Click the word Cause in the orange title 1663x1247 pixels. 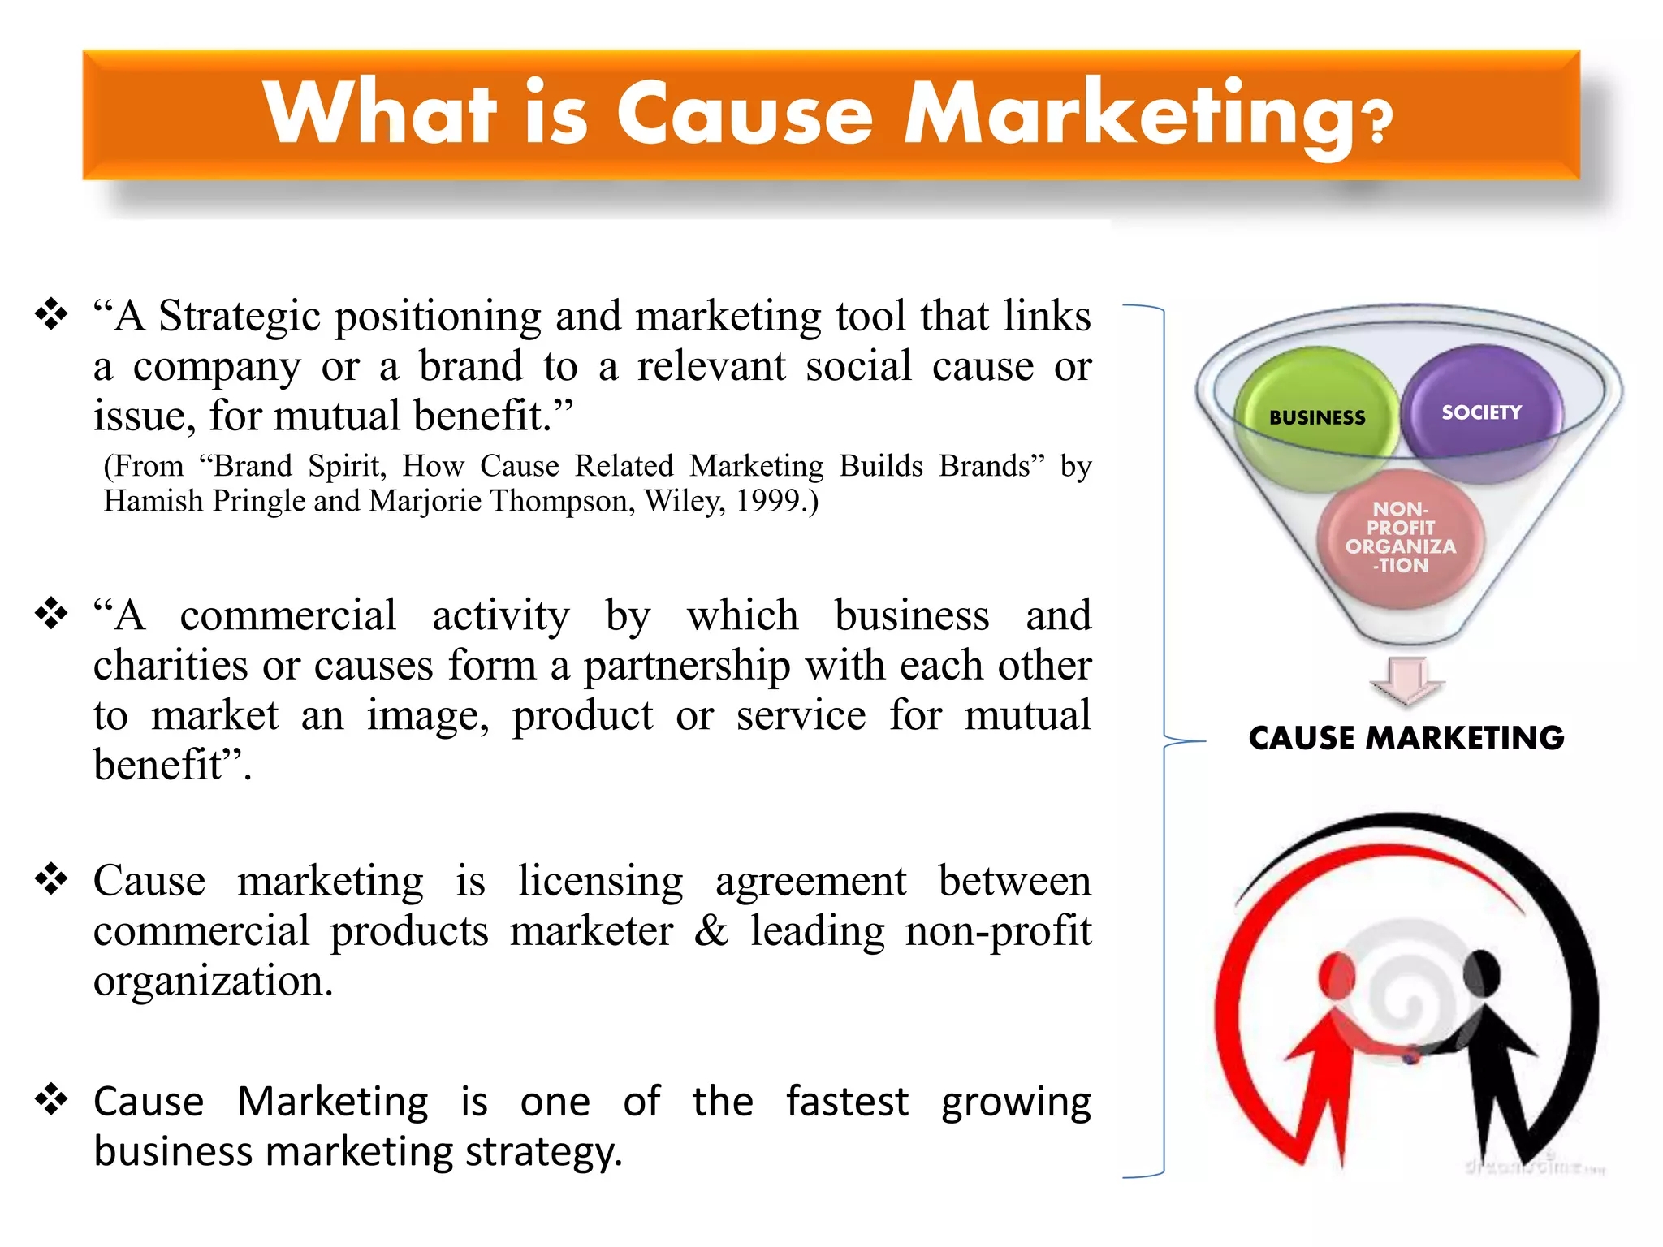click(x=745, y=114)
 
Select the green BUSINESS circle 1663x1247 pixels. click(x=1317, y=419)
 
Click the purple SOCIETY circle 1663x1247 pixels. click(x=1482, y=413)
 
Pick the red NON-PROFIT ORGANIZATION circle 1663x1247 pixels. click(x=1401, y=538)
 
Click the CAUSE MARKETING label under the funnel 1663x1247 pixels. click(x=1406, y=738)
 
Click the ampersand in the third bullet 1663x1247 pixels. click(x=711, y=930)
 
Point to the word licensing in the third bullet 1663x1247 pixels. click(x=601, y=882)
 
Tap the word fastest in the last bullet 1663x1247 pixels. click(x=847, y=1102)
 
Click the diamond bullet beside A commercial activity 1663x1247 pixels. click(x=51, y=613)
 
